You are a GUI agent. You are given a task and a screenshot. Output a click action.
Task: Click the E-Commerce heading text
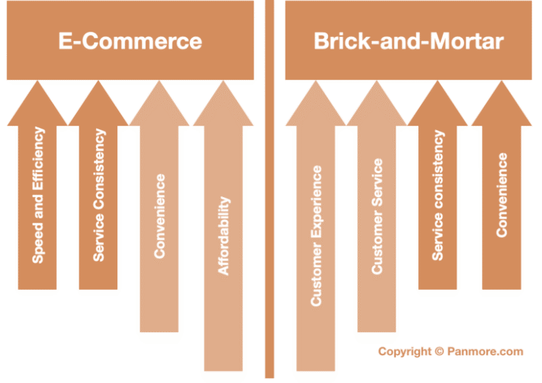click(130, 41)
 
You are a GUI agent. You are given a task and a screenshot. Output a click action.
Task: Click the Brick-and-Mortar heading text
click(408, 41)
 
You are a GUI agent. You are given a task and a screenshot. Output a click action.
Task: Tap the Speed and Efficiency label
click(38, 195)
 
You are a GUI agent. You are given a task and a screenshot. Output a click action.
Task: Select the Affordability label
click(224, 236)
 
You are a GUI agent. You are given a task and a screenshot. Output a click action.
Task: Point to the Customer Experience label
click(316, 236)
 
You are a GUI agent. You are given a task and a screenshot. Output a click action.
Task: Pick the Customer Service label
click(377, 216)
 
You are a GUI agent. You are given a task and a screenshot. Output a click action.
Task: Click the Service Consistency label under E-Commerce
click(99, 195)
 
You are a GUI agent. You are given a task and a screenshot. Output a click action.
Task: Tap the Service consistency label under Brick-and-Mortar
click(438, 195)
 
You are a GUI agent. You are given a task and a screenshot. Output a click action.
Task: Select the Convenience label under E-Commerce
click(160, 216)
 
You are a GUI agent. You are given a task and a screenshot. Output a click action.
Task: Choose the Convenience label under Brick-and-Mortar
click(502, 195)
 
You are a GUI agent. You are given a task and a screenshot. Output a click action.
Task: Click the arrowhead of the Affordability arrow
click(223, 106)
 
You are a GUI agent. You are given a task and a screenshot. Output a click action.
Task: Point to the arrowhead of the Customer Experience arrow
click(315, 106)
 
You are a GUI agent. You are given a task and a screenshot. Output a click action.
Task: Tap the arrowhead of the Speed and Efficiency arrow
click(37, 106)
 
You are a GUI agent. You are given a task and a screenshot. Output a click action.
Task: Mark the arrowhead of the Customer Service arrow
click(377, 106)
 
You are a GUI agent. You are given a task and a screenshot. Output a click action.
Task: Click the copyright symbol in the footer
click(439, 351)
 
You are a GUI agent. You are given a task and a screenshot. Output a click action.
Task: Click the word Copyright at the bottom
click(405, 351)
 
